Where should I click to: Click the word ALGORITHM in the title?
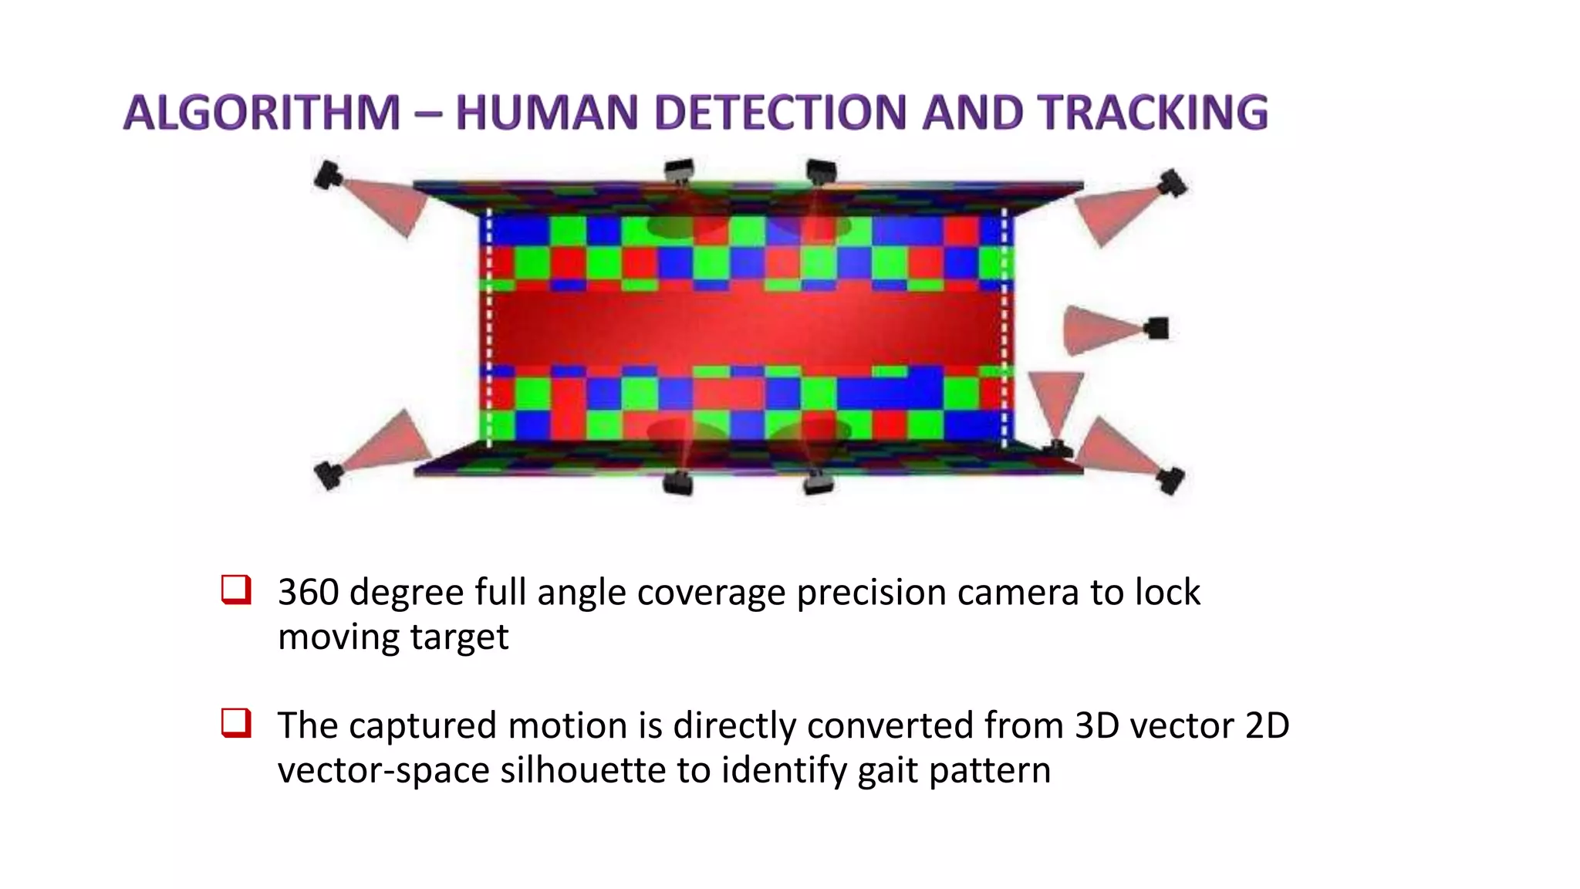(x=262, y=113)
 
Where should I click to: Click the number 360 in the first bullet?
(x=308, y=593)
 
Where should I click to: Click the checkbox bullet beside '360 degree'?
(x=236, y=590)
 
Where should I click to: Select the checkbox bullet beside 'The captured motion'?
(x=236, y=723)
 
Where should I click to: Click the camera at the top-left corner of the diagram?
(x=328, y=175)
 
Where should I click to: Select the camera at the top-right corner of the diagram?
(x=1173, y=183)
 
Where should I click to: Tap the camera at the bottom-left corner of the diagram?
(x=329, y=474)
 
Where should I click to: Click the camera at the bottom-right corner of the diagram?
(x=1170, y=480)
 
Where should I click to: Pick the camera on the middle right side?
(x=1156, y=328)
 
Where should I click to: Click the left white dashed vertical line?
(x=489, y=328)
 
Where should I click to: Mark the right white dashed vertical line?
(x=1004, y=328)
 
